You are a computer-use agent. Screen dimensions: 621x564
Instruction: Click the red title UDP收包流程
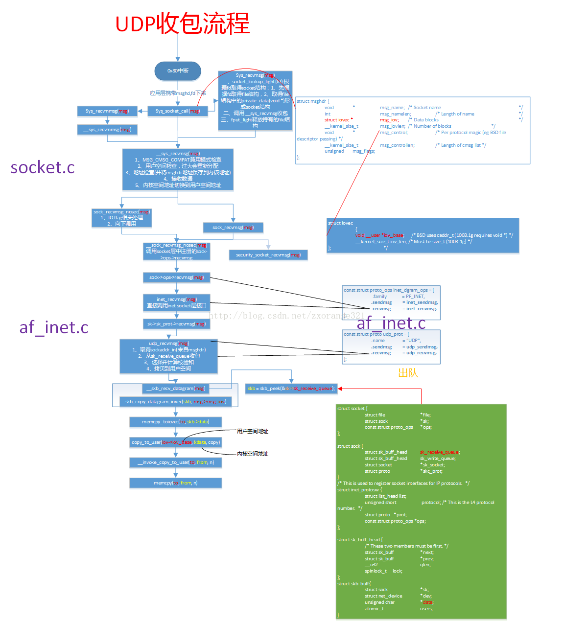[x=182, y=23]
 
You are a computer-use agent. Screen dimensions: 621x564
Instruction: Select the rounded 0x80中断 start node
[x=178, y=71]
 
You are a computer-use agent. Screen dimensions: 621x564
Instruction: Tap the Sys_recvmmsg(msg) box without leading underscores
[x=107, y=111]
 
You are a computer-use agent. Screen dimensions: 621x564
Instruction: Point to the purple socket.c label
[x=43, y=167]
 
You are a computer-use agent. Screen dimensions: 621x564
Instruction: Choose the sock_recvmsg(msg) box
[x=233, y=228]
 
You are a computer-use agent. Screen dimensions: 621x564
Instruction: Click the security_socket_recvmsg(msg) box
[x=268, y=255]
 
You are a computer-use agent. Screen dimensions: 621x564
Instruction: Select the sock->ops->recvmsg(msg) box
[x=176, y=277]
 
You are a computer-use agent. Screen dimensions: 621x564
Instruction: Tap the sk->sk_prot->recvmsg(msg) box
[x=176, y=324]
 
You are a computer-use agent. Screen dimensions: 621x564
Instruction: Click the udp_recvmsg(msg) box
[x=168, y=356]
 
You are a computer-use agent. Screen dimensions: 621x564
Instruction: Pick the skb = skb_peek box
[x=291, y=389]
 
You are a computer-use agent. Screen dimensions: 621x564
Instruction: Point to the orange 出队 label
[x=408, y=373]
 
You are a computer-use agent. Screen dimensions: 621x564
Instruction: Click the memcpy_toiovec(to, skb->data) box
[x=175, y=422]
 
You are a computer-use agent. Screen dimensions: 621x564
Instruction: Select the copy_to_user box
[x=175, y=442]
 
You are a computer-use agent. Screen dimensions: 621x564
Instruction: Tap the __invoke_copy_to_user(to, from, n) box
[x=175, y=462]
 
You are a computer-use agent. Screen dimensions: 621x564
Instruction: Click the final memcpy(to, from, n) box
[x=175, y=483]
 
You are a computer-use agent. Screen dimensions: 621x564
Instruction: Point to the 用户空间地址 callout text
[x=252, y=431]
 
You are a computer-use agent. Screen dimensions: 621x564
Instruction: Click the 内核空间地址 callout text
[x=252, y=454]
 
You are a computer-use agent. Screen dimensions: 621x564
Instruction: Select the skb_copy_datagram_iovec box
[x=175, y=402]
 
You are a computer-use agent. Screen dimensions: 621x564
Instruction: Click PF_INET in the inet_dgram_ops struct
[x=415, y=296]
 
